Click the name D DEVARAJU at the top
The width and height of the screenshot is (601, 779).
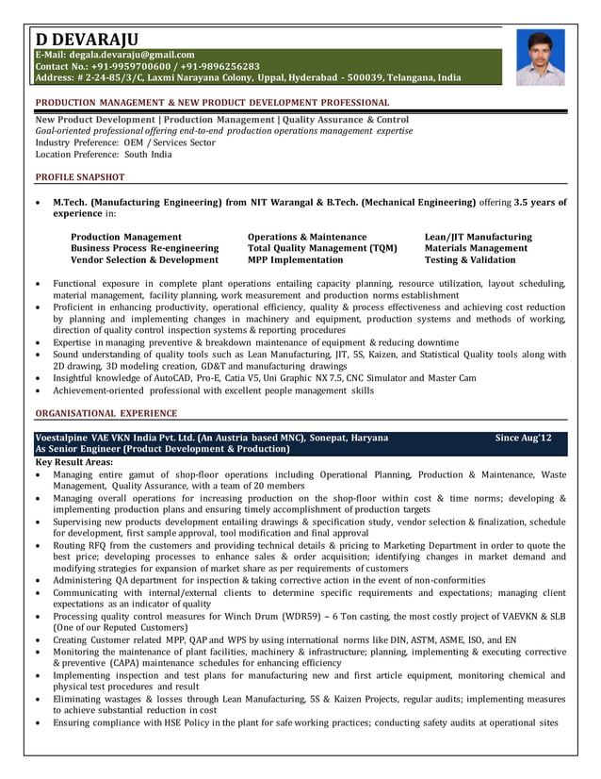(87, 39)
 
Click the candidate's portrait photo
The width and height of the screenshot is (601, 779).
(539, 58)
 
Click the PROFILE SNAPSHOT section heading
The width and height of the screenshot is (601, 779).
(80, 177)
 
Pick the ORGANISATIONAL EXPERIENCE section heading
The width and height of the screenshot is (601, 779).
(106, 413)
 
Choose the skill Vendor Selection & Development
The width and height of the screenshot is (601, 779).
(144, 259)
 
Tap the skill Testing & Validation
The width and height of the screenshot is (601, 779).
(470, 259)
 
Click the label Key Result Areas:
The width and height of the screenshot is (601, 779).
(74, 463)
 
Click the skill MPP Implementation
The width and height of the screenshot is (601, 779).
(295, 259)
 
